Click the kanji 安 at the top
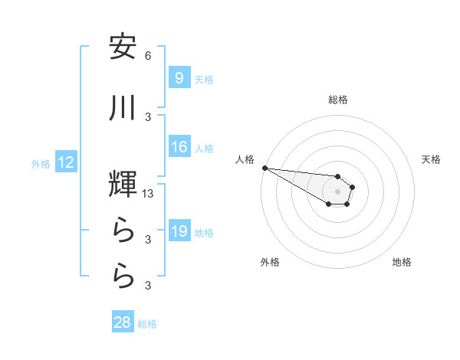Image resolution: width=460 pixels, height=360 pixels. click(x=123, y=47)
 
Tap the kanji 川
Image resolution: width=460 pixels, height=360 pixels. click(x=123, y=108)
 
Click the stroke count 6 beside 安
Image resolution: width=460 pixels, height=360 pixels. click(x=148, y=56)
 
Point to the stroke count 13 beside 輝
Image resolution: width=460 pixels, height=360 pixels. click(x=149, y=195)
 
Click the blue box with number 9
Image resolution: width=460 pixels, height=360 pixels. click(x=179, y=77)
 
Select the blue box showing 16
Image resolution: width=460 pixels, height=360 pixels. click(x=179, y=147)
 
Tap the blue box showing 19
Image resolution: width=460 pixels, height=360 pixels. click(x=179, y=231)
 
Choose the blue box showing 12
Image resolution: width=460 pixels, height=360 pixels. click(x=65, y=162)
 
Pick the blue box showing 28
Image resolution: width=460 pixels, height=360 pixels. click(x=123, y=322)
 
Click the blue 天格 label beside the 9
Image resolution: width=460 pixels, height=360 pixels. click(x=203, y=79)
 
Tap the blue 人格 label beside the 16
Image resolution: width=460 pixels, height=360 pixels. click(x=203, y=149)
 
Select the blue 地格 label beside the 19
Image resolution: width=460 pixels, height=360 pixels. click(x=203, y=233)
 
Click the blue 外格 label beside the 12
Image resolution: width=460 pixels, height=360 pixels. click(x=41, y=163)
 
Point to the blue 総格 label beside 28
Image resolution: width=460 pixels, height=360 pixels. click(x=147, y=324)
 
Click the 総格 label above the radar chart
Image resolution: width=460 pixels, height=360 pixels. click(x=338, y=100)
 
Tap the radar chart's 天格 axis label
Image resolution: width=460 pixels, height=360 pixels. click(x=431, y=159)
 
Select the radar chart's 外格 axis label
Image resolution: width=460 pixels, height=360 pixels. click(x=270, y=262)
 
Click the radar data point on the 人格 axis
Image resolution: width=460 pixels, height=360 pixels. click(x=264, y=168)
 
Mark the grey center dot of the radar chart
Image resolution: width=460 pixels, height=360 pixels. click(x=338, y=191)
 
